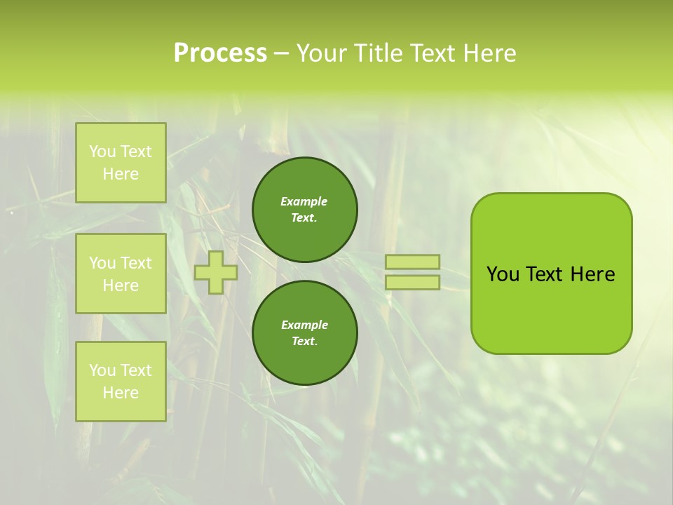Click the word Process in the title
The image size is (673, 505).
(x=220, y=53)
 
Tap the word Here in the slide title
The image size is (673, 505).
(x=488, y=53)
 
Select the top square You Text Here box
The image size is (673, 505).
(x=121, y=163)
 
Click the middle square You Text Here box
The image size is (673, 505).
(x=121, y=274)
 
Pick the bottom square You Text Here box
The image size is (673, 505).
(x=121, y=382)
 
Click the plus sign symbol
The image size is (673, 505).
(x=216, y=272)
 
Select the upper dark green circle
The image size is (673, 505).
(x=305, y=210)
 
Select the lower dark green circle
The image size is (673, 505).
(x=305, y=333)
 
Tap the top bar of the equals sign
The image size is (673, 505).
(x=412, y=262)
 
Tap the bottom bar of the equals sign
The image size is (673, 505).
(x=412, y=283)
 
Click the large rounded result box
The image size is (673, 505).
(x=551, y=274)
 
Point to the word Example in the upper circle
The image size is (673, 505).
(x=304, y=201)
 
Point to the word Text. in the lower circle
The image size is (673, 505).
(x=304, y=342)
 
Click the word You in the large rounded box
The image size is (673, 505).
(x=503, y=274)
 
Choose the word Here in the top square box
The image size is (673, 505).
(x=121, y=174)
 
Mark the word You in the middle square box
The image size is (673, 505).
(x=102, y=263)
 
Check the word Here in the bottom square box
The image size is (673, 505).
(x=121, y=393)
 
